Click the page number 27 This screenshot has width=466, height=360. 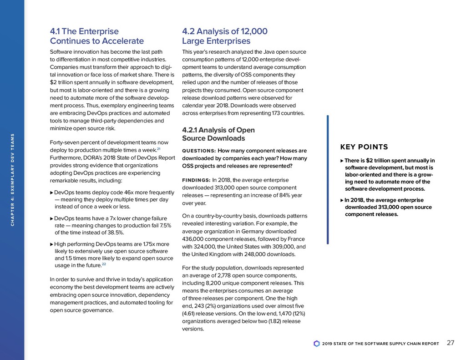click(x=451, y=343)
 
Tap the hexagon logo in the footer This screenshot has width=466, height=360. click(x=317, y=344)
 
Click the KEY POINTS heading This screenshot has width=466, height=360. click(x=364, y=147)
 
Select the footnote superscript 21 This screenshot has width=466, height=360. click(x=158, y=149)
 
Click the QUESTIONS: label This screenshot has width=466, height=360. click(x=199, y=151)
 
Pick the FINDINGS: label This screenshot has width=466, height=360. click(x=196, y=180)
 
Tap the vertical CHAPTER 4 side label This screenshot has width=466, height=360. click(x=13, y=180)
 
